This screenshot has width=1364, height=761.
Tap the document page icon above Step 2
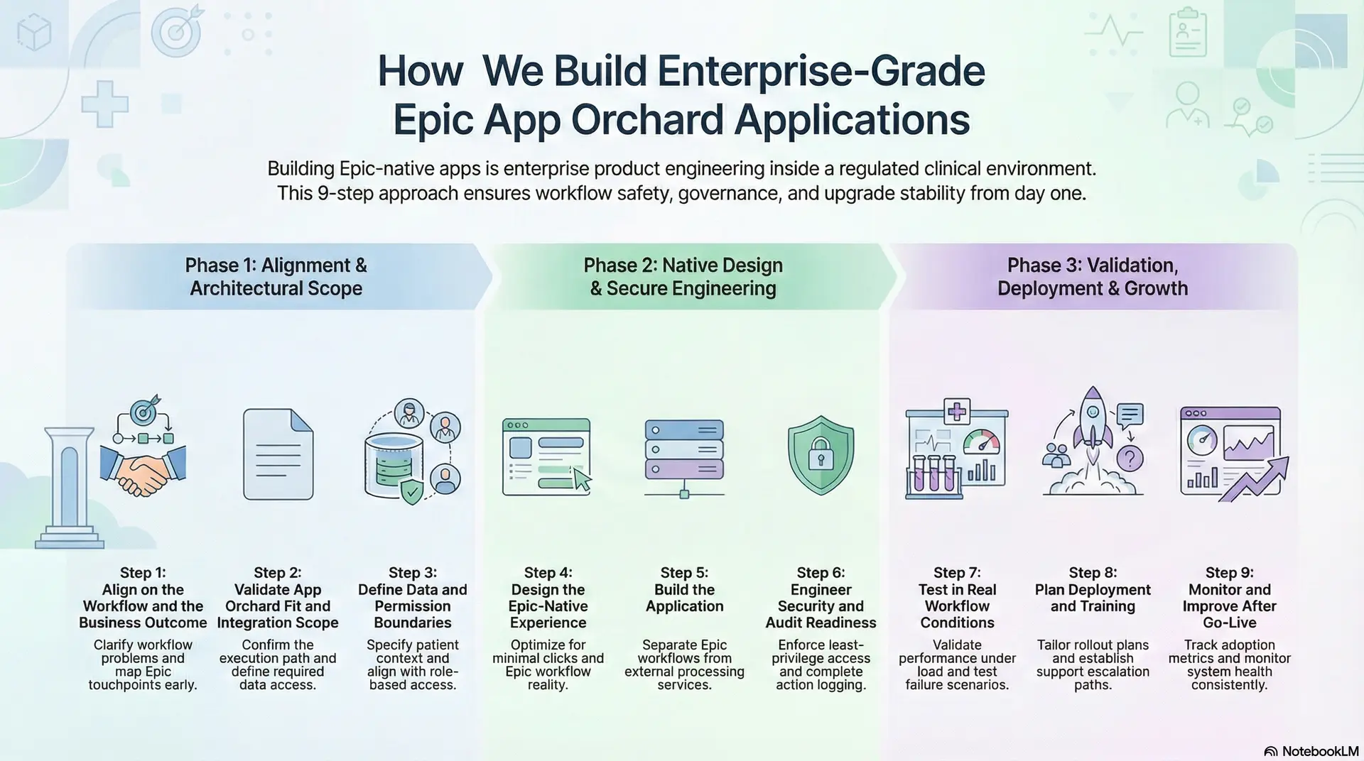[x=278, y=454]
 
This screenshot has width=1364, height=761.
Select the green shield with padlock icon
[x=821, y=455]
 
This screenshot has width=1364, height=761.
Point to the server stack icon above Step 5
[x=684, y=449]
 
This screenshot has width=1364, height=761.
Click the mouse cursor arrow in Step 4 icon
[x=582, y=481]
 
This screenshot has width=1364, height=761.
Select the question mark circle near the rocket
[x=1130, y=459]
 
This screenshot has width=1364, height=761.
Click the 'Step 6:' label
[x=821, y=573]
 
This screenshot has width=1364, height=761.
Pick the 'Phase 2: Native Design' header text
[x=683, y=265]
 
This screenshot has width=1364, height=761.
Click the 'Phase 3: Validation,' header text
[x=1092, y=265]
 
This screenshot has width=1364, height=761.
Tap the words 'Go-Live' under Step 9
[x=1229, y=623]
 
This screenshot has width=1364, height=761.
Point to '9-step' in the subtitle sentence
[x=346, y=193]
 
